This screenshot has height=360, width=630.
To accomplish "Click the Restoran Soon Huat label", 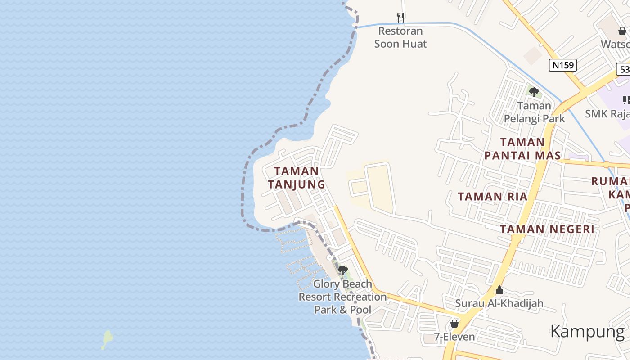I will [400, 37].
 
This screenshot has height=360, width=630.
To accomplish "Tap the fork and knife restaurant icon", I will [400, 17].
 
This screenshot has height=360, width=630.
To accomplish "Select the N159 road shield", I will [563, 65].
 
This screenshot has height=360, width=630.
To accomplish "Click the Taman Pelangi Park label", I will [534, 112].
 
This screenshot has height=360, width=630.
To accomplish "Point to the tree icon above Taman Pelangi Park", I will [534, 92].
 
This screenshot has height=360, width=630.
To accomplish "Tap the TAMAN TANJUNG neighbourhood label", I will [297, 178].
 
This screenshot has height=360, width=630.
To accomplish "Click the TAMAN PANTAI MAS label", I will [522, 149].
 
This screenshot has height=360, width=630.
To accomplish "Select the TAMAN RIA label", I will [492, 197].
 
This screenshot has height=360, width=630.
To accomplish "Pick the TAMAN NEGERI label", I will [547, 229].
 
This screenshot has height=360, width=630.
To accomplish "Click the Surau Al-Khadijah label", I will [499, 303].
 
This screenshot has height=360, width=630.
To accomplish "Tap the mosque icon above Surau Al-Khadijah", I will [499, 291].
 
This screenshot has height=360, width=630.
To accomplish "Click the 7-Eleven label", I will [454, 337].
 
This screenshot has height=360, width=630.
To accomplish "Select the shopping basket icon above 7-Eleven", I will [454, 324].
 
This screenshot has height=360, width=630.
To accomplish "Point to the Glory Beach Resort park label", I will [343, 297].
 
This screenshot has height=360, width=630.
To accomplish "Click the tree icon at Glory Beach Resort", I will [343, 270].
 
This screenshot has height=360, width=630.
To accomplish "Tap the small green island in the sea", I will [108, 338].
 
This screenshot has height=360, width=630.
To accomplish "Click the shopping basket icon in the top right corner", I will [622, 31].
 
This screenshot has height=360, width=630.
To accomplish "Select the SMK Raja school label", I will [607, 114].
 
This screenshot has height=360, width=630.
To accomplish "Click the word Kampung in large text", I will [588, 332].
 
